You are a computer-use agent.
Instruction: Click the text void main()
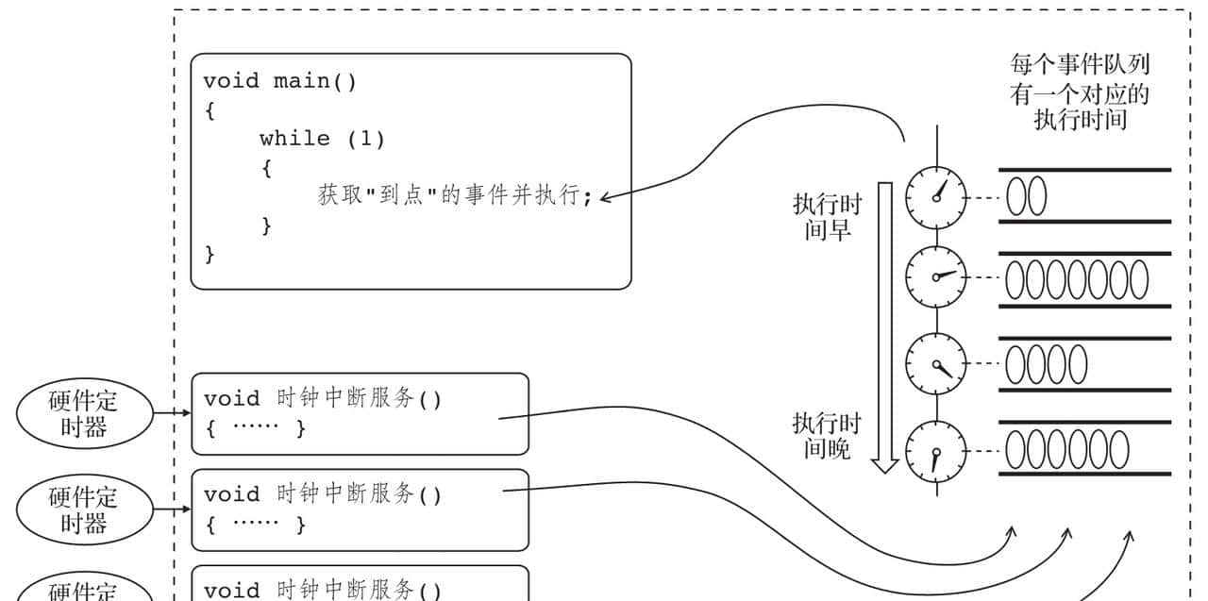coord(280,81)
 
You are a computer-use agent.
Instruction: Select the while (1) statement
coord(322,139)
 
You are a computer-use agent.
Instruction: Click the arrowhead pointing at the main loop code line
coord(605,197)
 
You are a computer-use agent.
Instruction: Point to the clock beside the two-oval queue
coord(936,197)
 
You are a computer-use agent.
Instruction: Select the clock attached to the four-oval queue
coord(936,363)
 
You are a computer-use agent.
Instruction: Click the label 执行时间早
coord(828,217)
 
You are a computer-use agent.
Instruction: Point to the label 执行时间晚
coord(828,436)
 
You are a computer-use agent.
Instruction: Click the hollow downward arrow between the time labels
coord(884,321)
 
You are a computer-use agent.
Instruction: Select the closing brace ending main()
coord(210,254)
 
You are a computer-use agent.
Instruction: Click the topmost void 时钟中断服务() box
coord(360,413)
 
